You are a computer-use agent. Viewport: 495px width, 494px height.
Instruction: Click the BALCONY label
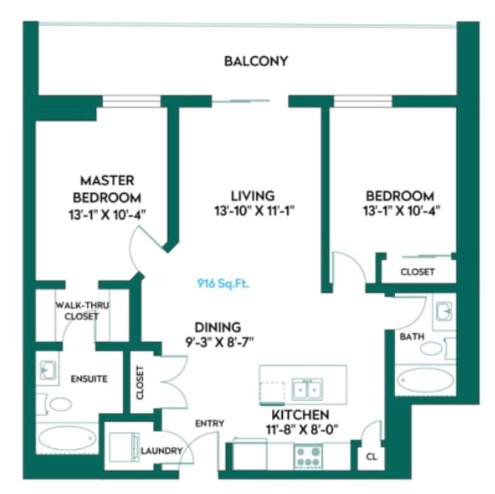256,61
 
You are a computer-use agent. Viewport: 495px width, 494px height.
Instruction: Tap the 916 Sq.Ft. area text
223,284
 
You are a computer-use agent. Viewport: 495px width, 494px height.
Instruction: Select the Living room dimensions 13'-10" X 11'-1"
254,210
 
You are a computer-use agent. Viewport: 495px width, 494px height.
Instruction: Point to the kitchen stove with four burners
308,456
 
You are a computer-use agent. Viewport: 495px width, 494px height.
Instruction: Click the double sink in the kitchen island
307,389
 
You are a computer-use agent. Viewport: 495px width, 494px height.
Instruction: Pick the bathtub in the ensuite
67,439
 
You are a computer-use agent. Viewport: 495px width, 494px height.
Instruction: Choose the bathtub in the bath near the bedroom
425,380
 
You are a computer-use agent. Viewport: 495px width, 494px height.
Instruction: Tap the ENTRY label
210,423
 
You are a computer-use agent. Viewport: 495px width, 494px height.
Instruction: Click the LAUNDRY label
161,450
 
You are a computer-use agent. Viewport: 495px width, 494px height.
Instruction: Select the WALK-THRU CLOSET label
82,310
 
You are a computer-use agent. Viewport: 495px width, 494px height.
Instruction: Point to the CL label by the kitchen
371,456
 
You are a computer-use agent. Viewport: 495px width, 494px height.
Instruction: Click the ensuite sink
49,370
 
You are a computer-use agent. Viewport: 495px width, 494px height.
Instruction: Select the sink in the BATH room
444,310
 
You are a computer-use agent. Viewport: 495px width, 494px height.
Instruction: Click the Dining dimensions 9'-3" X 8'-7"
220,341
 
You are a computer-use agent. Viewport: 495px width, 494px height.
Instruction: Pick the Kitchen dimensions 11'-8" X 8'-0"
302,429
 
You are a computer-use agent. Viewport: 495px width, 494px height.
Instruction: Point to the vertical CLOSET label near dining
140,383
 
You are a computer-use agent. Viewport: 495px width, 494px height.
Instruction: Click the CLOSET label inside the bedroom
418,271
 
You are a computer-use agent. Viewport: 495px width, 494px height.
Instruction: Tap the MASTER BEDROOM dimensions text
108,215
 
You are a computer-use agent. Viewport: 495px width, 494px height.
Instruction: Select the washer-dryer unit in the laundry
124,448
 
